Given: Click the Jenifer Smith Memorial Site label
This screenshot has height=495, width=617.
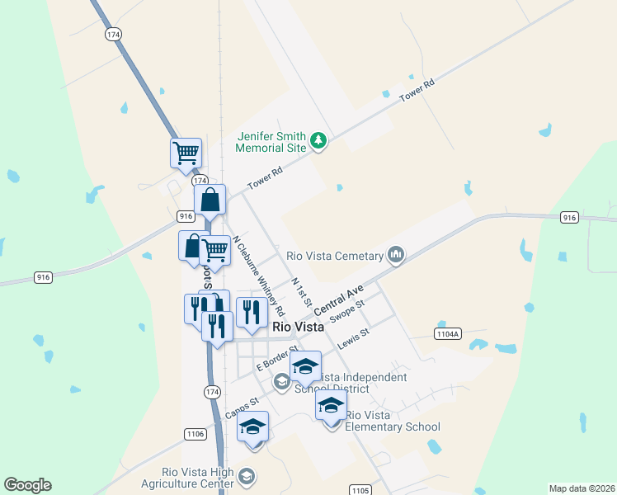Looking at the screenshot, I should [271, 142].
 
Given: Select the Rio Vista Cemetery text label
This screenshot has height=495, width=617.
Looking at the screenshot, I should [335, 255].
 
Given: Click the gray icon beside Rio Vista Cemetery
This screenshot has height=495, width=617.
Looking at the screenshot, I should [397, 255].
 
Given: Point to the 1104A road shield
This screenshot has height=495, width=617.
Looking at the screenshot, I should [447, 333].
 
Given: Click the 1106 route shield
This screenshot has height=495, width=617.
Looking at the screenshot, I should [195, 433].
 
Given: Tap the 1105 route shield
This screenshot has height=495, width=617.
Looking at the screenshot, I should [360, 490].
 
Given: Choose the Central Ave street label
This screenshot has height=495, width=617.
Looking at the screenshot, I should [338, 299].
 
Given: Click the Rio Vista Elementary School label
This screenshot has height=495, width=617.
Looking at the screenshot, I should [393, 421].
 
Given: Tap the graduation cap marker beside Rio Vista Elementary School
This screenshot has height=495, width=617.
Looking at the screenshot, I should [331, 406].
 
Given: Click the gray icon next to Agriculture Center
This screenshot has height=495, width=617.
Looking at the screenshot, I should [246, 476].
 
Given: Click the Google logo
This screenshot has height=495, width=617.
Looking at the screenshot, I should [27, 485].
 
